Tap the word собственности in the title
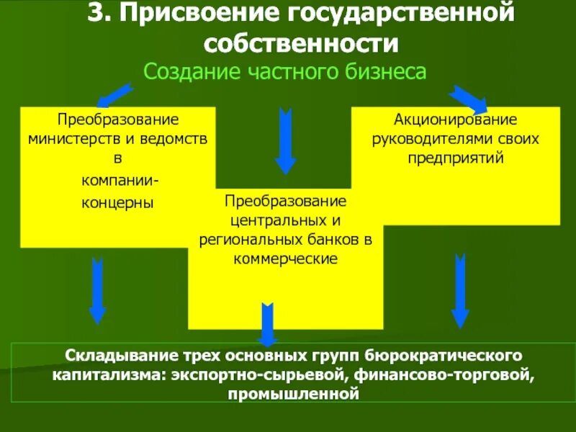(x=301, y=43)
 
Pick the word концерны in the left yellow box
(x=117, y=202)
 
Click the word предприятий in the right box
(x=455, y=156)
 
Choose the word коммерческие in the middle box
(x=286, y=258)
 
